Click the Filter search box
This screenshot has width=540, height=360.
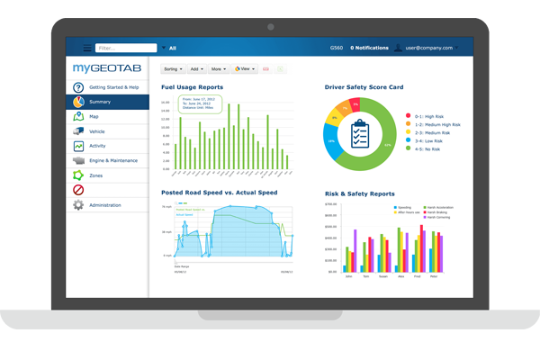click(125, 48)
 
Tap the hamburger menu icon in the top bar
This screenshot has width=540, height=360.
click(87, 48)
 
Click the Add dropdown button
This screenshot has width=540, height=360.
click(197, 68)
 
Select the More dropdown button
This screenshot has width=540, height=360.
click(220, 68)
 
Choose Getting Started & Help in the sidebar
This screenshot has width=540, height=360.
click(113, 87)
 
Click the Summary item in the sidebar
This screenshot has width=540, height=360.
click(100, 102)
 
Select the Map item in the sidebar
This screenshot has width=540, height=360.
click(94, 116)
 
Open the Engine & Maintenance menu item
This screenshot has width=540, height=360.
click(113, 160)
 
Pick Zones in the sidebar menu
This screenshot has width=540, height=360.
click(97, 175)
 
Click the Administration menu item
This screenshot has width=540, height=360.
click(105, 204)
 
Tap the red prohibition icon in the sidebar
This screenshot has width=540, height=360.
click(78, 190)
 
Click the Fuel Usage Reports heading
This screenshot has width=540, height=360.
click(192, 87)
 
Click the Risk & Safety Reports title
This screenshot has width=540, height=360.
click(359, 193)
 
